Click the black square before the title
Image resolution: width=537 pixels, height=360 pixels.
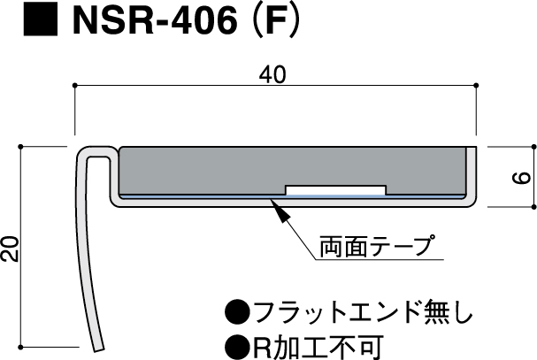[41, 19]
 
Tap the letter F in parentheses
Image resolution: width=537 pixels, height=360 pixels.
[276, 20]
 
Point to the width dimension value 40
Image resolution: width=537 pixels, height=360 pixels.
[272, 74]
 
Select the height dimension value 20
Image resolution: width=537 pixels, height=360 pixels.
[10, 249]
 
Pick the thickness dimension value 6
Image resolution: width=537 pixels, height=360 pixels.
[521, 178]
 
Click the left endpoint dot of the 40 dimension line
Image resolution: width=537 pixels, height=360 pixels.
[74, 85]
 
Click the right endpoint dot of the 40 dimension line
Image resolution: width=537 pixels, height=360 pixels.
[476, 85]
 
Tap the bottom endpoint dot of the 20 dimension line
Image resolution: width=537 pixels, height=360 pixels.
[20, 347]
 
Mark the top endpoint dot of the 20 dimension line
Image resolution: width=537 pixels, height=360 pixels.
[20, 147]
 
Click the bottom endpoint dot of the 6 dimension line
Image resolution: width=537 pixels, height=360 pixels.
[533, 207]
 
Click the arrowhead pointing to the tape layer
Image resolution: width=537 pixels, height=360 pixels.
[280, 210]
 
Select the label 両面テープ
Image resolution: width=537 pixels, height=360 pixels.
[378, 246]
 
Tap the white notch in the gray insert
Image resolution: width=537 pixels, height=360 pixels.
[335, 190]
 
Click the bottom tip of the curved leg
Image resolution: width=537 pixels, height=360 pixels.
[98, 349]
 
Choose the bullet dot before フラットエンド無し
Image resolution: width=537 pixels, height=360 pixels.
[237, 311]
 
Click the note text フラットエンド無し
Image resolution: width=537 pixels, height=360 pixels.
[363, 311]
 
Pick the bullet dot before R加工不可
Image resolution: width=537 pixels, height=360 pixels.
[237, 348]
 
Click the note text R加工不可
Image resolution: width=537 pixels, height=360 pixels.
[318, 348]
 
